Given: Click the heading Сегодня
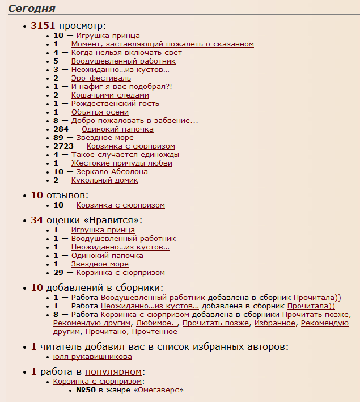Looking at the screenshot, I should (32, 8).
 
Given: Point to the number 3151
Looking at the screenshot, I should (44, 26).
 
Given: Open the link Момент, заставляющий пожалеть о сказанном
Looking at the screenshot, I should (162, 44).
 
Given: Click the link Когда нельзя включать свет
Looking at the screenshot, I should (126, 53).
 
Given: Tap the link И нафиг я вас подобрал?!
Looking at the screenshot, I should (121, 87).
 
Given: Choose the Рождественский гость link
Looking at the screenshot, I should (115, 104).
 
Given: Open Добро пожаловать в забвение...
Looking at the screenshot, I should (134, 121).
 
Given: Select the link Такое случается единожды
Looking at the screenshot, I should (125, 155).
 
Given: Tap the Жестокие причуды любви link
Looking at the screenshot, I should (121, 163).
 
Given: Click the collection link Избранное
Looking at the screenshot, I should (275, 323).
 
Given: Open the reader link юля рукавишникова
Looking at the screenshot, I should (92, 357).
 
